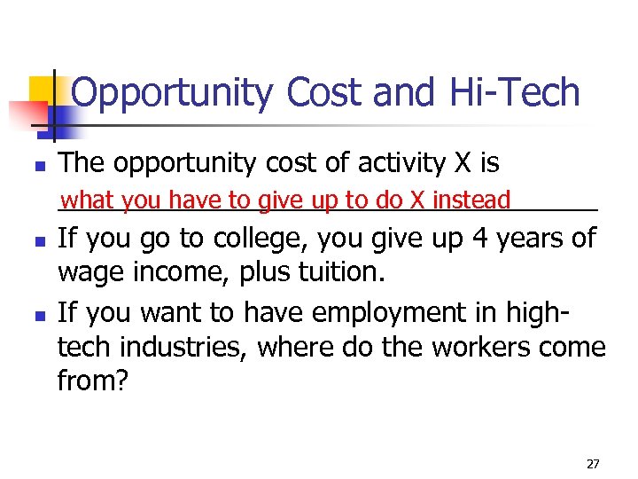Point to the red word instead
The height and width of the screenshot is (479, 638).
471,200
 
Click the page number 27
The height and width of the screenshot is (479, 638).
593,463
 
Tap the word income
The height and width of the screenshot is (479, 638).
184,271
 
